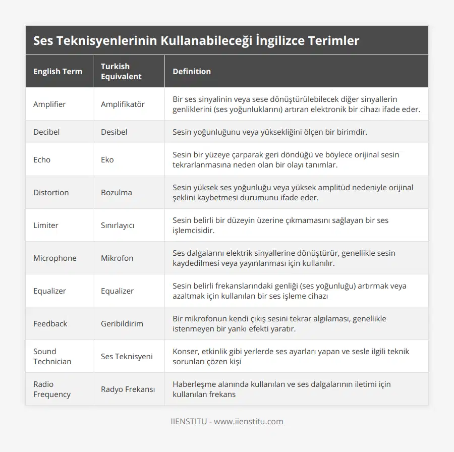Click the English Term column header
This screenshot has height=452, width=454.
58,71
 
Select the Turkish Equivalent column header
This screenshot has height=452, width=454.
121,71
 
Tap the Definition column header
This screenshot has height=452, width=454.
192,71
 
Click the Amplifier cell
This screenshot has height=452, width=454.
49,104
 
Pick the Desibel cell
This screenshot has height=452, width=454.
114,132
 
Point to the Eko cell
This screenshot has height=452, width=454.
107,159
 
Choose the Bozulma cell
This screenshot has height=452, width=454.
117,192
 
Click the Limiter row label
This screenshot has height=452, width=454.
46,225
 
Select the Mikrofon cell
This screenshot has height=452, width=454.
117,258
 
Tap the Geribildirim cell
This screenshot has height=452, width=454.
122,323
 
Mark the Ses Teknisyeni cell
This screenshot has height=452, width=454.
127,356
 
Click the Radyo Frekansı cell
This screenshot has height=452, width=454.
128,389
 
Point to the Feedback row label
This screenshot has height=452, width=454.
50,323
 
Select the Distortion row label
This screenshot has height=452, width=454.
51,192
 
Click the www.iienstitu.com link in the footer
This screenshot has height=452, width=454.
248,421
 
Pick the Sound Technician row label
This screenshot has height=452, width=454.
52,356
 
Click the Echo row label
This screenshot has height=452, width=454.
42,159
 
